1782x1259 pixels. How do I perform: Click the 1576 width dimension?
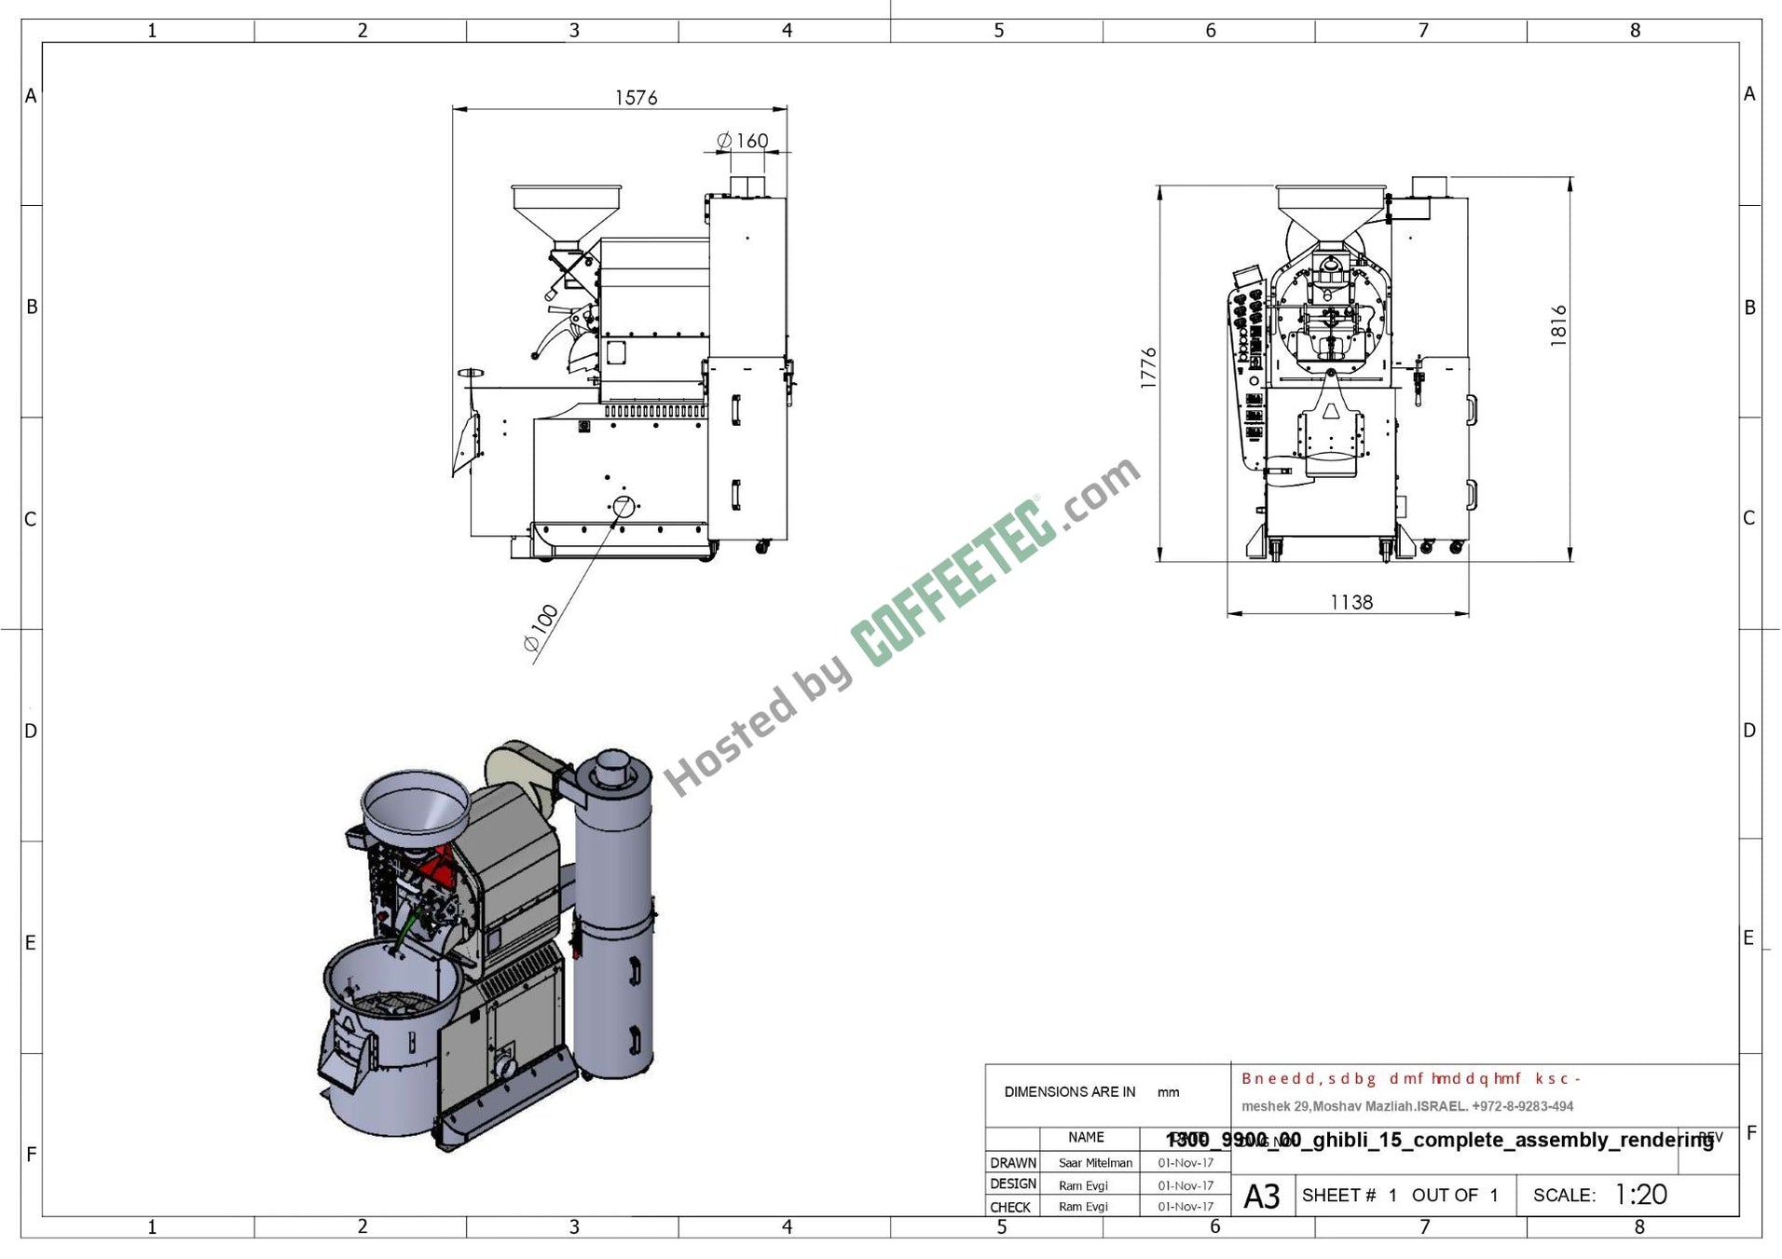click(636, 97)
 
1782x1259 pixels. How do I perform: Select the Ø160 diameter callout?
click(743, 141)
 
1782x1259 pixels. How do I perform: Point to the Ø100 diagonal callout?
click(541, 627)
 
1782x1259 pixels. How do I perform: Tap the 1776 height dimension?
click(1148, 367)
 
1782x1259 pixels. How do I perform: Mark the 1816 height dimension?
click(1558, 325)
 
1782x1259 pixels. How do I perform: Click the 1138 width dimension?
click(1350, 602)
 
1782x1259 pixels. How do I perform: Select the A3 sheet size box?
click(1262, 1196)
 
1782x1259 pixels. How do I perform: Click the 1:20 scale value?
click(1640, 1194)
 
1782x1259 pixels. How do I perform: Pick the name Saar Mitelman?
click(1095, 1162)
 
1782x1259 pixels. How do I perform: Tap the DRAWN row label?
click(1012, 1162)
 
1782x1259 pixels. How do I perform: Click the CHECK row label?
click(1010, 1207)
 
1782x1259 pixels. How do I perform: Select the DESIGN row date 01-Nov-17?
click(1185, 1185)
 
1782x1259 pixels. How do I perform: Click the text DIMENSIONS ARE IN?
click(1069, 1091)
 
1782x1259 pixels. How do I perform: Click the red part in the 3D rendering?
click(436, 872)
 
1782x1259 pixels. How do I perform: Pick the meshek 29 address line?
click(1406, 1106)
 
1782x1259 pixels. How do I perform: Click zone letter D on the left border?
click(31, 731)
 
